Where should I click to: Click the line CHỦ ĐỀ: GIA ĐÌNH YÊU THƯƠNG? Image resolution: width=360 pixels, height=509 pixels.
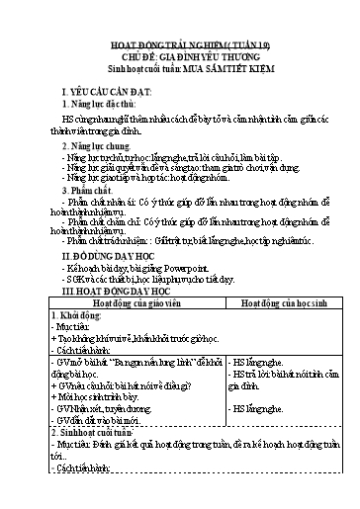point(180,59)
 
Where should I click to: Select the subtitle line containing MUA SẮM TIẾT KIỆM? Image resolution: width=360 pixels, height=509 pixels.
point(180,69)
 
